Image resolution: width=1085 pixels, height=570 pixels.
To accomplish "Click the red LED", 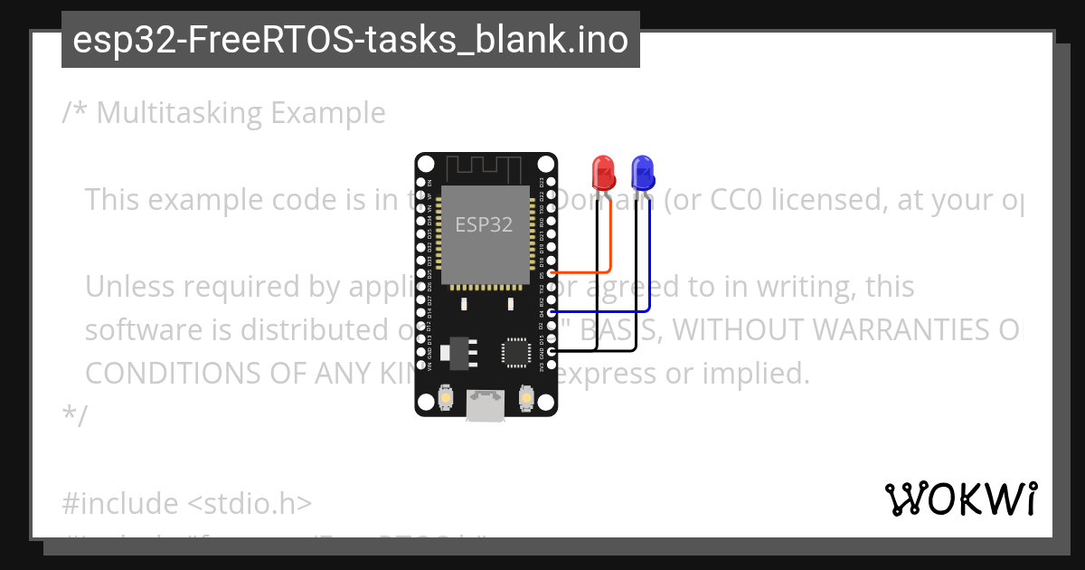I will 602,171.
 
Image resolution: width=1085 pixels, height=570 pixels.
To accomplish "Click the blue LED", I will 643,171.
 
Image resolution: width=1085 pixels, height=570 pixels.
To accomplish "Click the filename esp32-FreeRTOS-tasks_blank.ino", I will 351,40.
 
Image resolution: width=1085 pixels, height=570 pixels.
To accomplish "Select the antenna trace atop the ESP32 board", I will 484,168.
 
